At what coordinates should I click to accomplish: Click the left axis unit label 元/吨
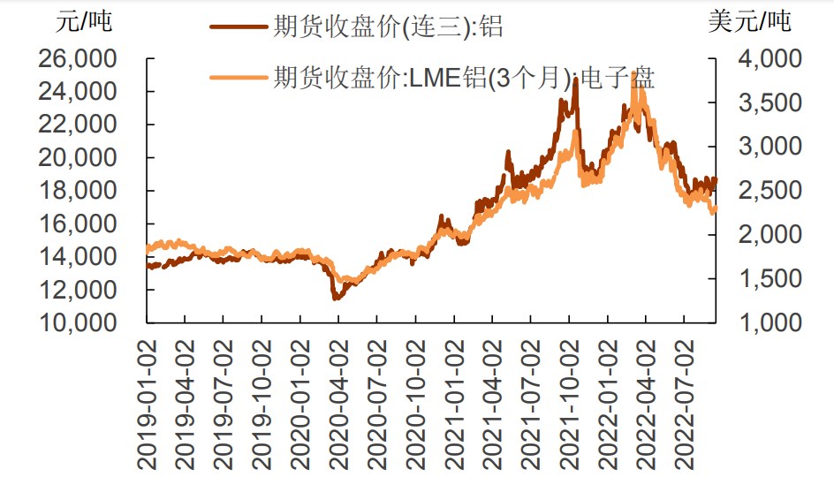tap(84, 22)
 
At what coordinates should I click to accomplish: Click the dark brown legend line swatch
tap(239, 26)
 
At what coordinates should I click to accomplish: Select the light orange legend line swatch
tap(239, 78)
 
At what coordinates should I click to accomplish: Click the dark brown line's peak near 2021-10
tap(576, 79)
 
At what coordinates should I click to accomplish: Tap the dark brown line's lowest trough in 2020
tap(335, 299)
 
